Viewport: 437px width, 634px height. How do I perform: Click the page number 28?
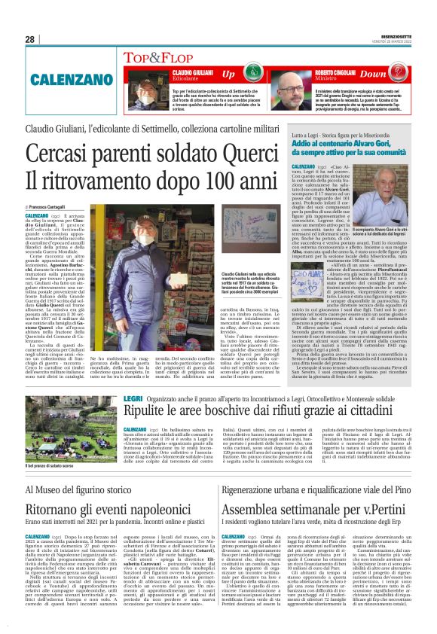tap(29, 39)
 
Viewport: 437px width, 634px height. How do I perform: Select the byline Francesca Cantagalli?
tap(50, 206)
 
